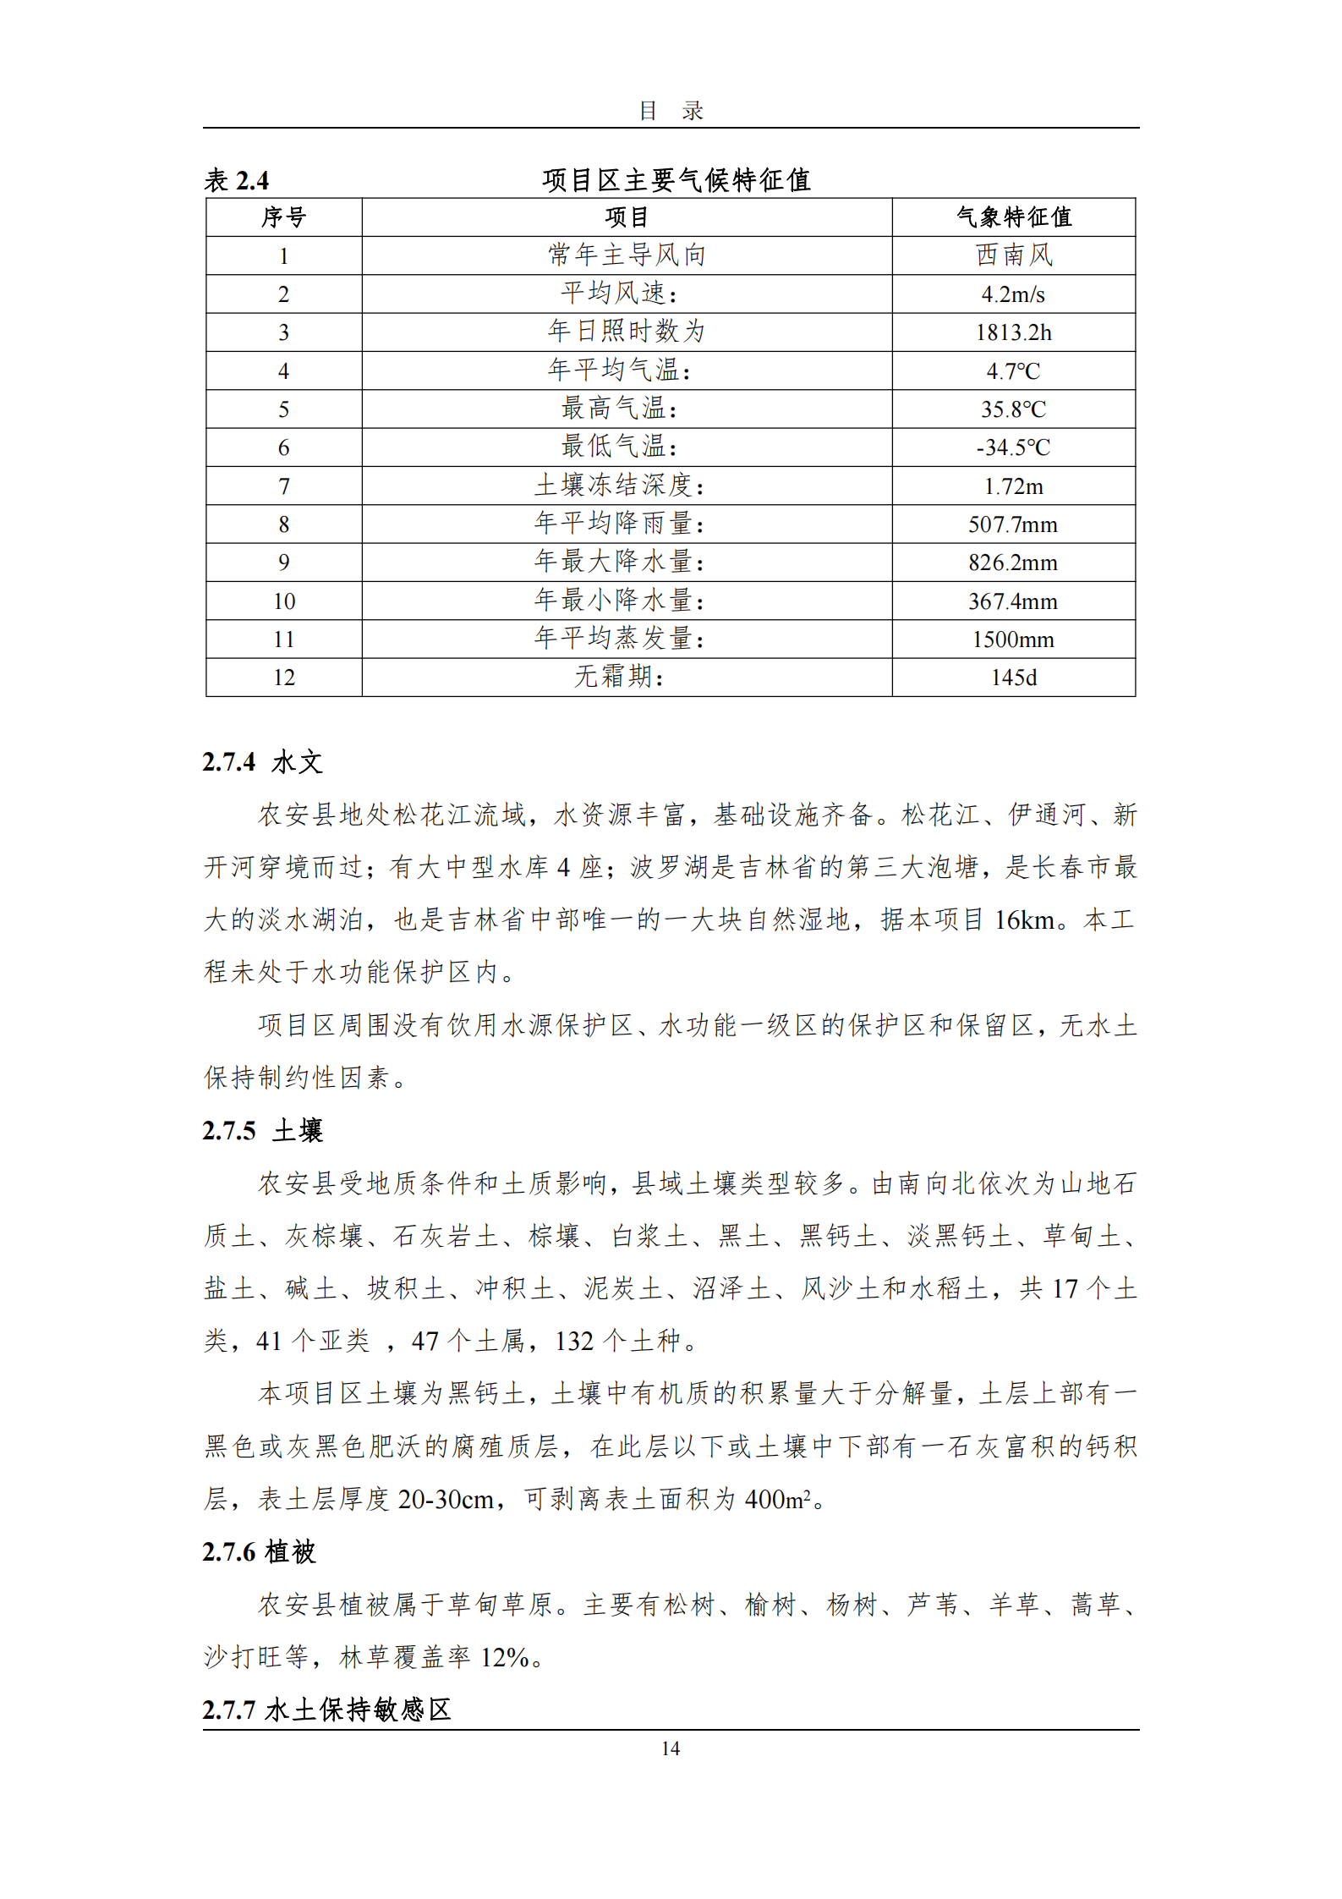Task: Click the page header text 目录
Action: [x=671, y=111]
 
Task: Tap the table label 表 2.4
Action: [x=237, y=180]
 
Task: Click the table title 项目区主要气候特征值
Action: [x=676, y=179]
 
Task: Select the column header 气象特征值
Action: [x=1013, y=217]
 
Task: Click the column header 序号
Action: [x=283, y=217]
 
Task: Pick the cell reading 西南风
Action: [x=1013, y=255]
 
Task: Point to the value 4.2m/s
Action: [x=1013, y=294]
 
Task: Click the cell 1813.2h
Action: [x=1013, y=332]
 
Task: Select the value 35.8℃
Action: [x=1013, y=409]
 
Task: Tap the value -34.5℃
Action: [x=1013, y=447]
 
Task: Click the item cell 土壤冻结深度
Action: [x=620, y=486]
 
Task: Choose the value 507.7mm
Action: [x=1013, y=524]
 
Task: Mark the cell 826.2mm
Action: [x=1013, y=563]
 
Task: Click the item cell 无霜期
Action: [x=620, y=677]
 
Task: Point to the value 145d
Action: [x=1013, y=678]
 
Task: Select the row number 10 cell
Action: [x=283, y=601]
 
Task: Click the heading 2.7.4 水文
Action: [x=263, y=762]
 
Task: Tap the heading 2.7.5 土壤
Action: [x=263, y=1131]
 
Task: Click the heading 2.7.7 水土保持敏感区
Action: [x=326, y=1710]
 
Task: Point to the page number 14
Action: [x=671, y=1748]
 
